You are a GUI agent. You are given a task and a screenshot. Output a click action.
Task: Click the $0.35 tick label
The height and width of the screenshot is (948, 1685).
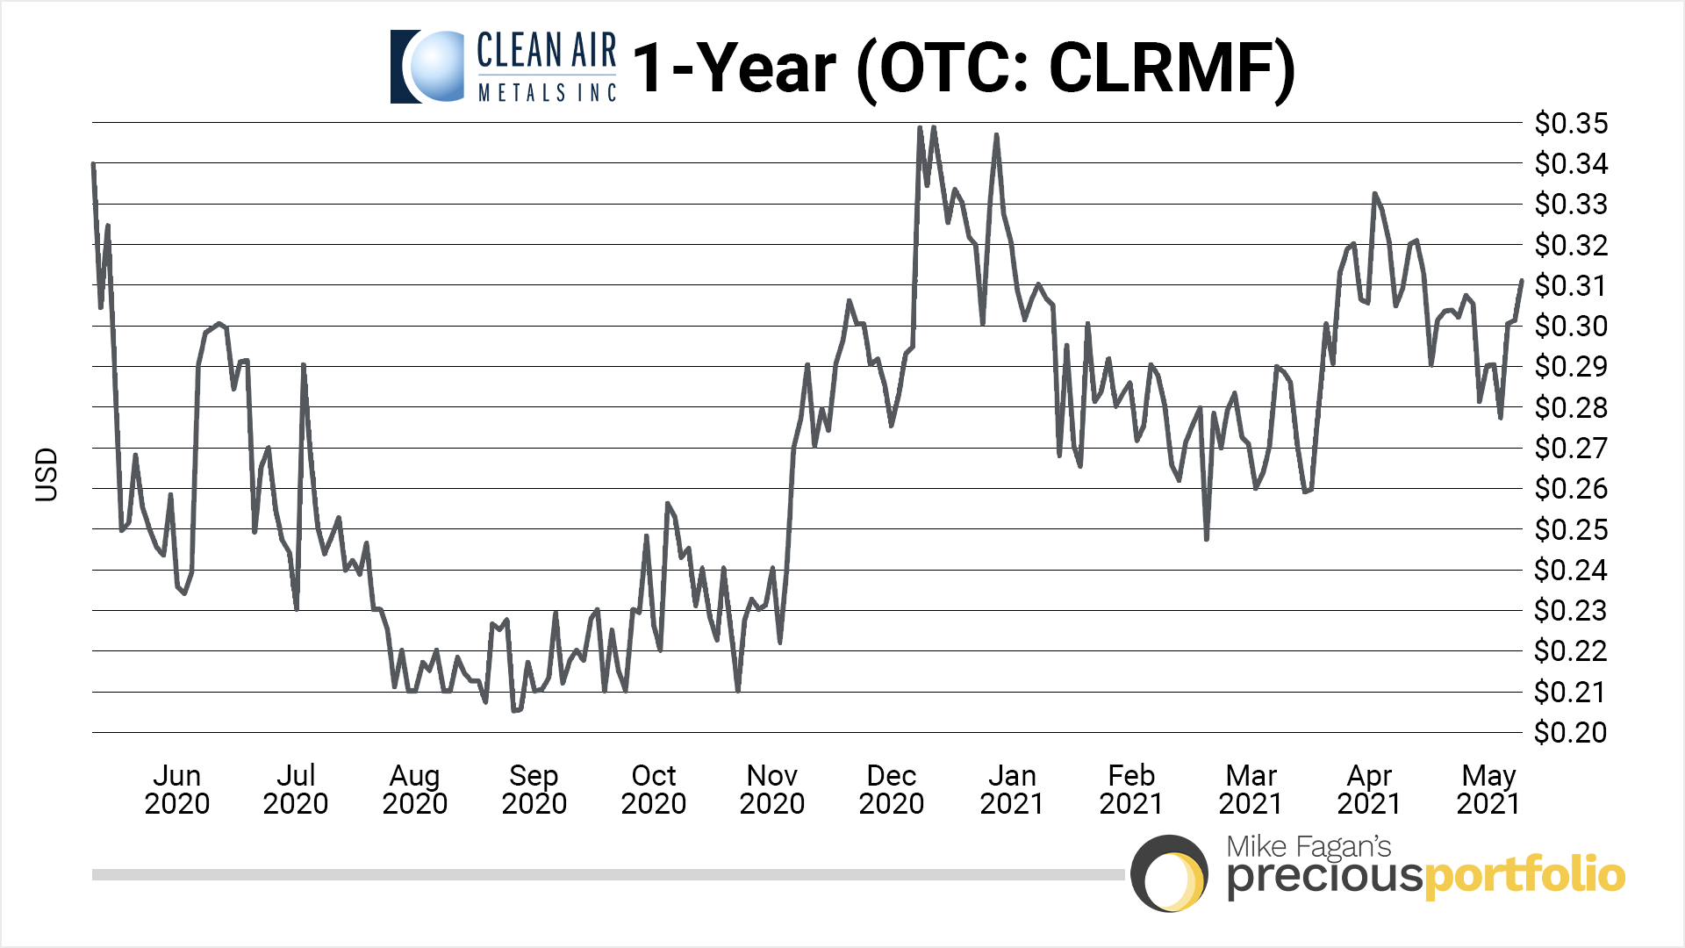pos(1571,124)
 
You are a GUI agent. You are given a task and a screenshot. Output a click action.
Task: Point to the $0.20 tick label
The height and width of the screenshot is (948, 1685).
pos(1570,733)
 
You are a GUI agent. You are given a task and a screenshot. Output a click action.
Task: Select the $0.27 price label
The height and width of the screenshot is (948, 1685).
pos(1570,449)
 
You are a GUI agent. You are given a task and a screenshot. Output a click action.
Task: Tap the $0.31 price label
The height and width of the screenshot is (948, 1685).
pos(1571,286)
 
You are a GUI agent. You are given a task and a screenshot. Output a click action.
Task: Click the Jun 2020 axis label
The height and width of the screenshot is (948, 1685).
pos(177,789)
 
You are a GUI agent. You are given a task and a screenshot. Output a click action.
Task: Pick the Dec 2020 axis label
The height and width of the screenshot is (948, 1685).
pos(892,789)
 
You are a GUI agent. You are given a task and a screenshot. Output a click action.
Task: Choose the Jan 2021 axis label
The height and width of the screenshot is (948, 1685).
pos(1012,789)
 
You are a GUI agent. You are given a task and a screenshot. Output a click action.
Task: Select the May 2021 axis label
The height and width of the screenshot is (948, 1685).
pos(1488,789)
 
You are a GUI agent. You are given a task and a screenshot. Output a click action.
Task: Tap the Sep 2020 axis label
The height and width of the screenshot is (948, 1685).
pos(534,789)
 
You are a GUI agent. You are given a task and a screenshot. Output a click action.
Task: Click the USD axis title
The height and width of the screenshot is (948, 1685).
pos(47,475)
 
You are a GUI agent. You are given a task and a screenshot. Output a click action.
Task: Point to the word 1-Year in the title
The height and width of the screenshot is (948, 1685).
pos(735,68)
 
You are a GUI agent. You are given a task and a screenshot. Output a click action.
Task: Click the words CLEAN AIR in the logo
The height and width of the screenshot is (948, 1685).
pos(546,51)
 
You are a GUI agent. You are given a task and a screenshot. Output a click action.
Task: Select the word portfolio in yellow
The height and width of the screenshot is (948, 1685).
pos(1524,875)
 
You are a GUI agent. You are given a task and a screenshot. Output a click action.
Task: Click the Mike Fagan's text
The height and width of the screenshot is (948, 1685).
pos(1309,846)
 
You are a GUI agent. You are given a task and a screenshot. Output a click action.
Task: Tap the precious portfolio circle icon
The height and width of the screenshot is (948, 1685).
pos(1169,874)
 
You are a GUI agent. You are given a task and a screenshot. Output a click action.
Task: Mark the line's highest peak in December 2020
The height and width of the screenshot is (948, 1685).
pos(933,127)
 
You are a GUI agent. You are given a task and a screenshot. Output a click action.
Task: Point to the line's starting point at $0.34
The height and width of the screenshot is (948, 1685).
pos(93,164)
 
